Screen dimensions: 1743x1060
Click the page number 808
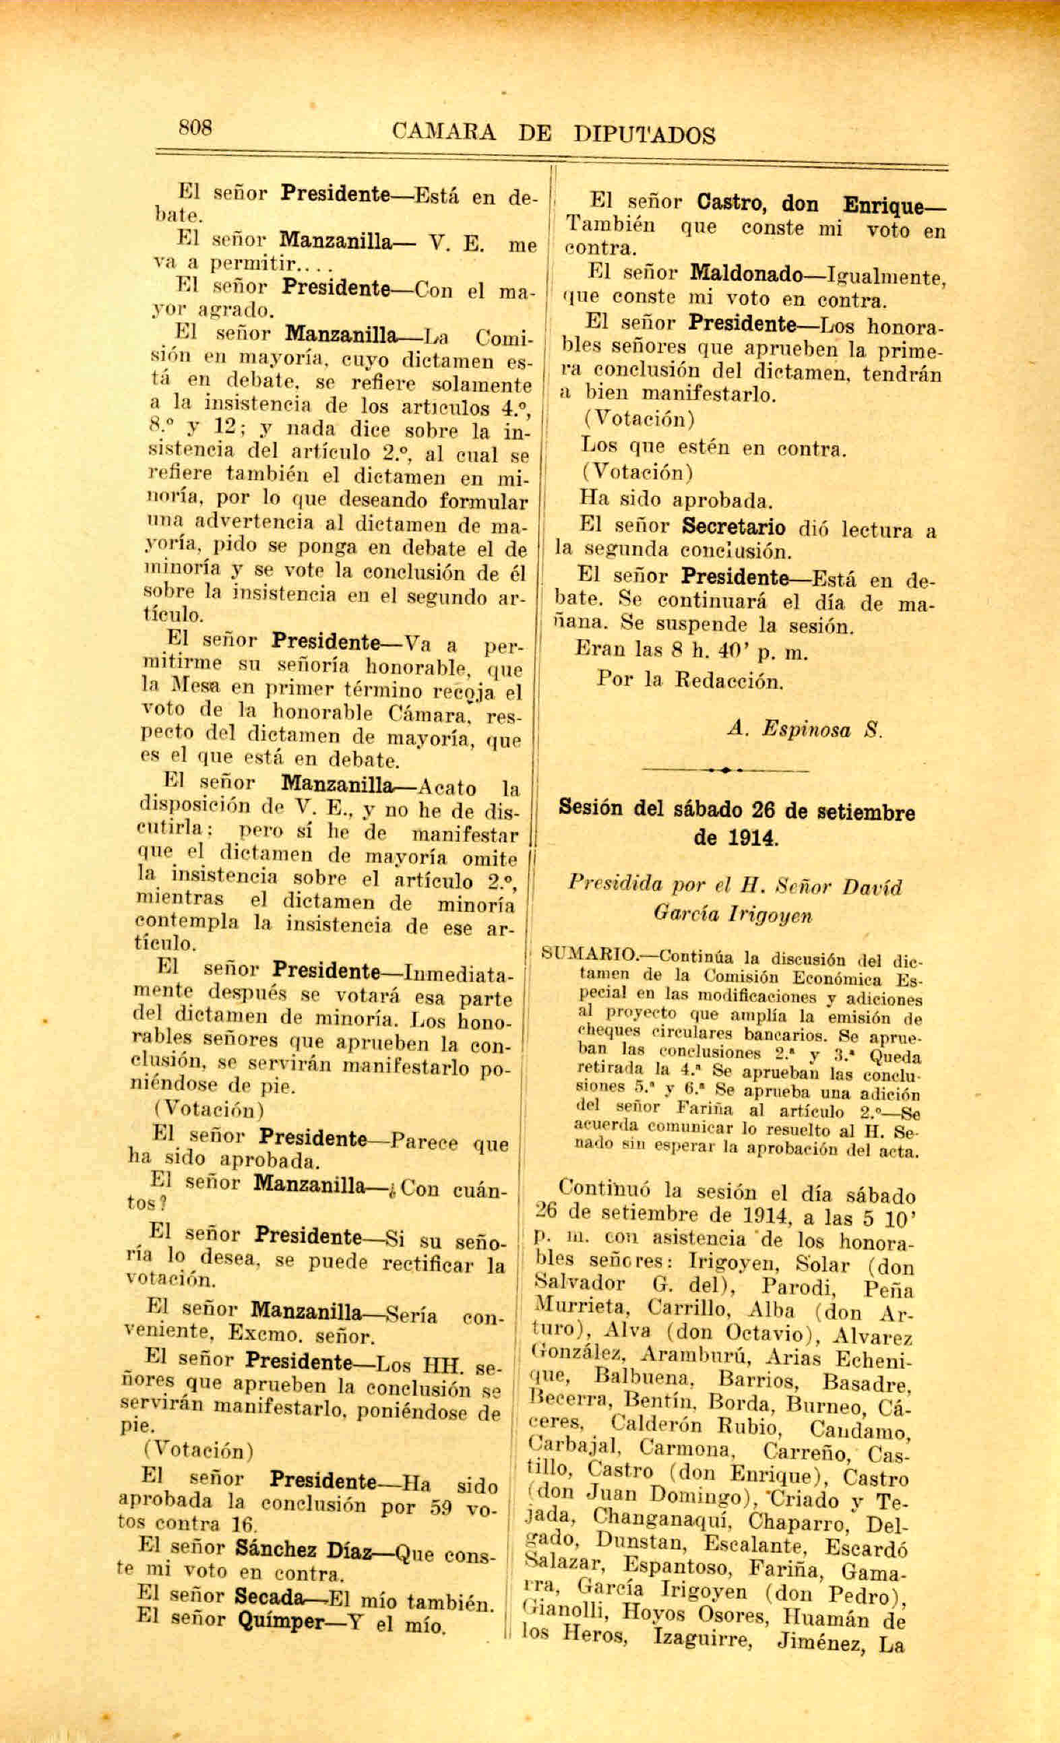tap(195, 127)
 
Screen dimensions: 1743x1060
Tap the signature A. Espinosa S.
tap(805, 729)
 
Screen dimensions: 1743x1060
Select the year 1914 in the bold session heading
tap(736, 838)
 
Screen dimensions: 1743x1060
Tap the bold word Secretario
tap(734, 527)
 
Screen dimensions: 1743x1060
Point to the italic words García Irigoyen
tap(732, 915)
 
